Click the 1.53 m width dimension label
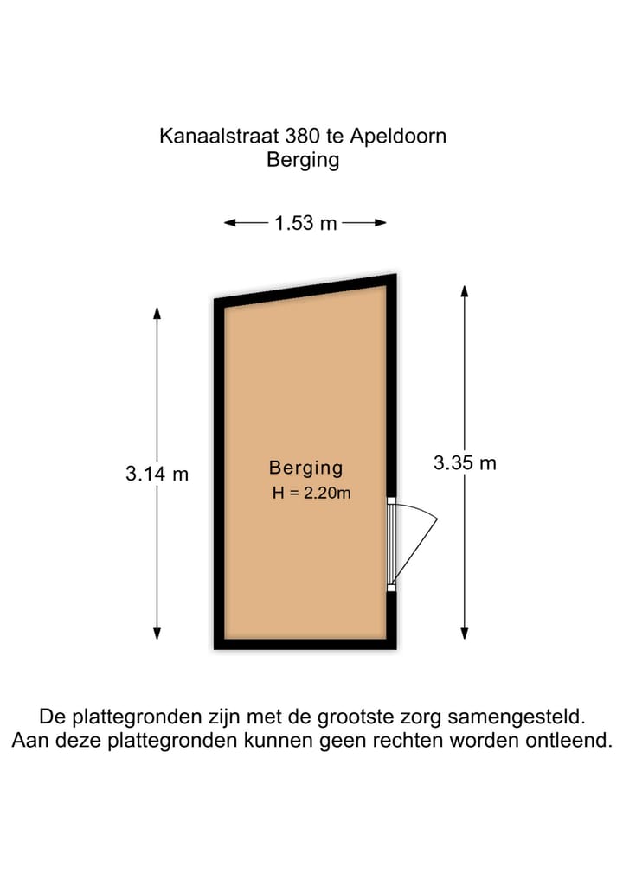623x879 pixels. click(x=305, y=223)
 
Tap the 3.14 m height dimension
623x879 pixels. click(x=157, y=474)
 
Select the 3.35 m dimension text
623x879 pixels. click(x=465, y=462)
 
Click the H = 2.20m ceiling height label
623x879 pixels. click(x=311, y=494)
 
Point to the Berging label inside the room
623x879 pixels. click(x=305, y=468)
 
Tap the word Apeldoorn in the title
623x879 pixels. click(x=404, y=136)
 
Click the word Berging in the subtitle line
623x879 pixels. click(x=303, y=160)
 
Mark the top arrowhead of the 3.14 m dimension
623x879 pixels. click(x=157, y=314)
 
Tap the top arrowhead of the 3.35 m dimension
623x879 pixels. click(x=465, y=291)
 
